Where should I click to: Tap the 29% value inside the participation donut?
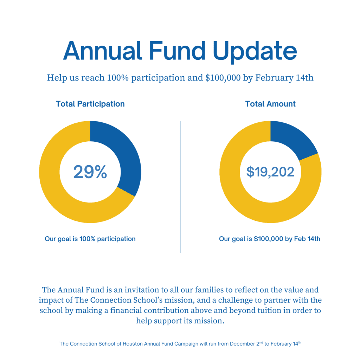point(90,172)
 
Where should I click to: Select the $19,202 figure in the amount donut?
point(270,172)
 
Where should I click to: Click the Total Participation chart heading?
point(90,104)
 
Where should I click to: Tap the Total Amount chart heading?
point(270,104)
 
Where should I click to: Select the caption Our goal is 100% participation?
point(90,239)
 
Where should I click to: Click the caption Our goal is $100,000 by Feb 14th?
point(270,239)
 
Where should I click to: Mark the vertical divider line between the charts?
point(180,186)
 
